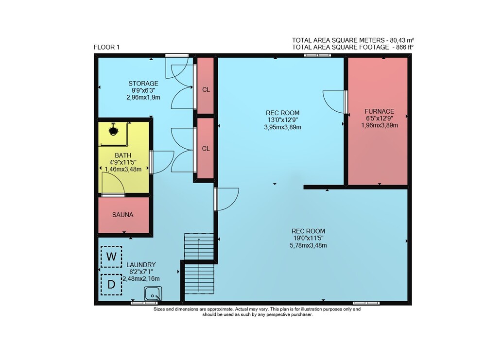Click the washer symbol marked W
point(111,257)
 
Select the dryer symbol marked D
point(111,284)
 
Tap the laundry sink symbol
point(153,293)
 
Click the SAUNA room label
point(123,215)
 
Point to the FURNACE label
point(380,111)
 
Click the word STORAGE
point(143,84)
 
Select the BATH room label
point(123,155)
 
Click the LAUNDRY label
point(141,265)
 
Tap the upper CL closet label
point(206,89)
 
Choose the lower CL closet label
point(206,149)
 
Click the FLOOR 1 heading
point(106,47)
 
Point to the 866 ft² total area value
point(402,47)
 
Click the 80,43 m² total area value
point(402,40)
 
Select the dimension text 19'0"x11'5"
point(308,238)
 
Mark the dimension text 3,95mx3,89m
point(283,127)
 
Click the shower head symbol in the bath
point(113,130)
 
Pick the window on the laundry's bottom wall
point(144,303)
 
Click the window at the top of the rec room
point(317,55)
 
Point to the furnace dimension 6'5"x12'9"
point(380,119)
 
